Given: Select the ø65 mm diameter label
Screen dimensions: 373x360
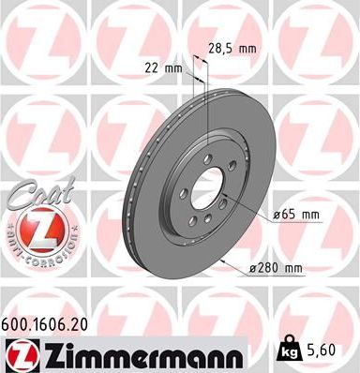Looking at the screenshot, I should tap(297, 215).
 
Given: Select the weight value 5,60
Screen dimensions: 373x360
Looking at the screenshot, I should tap(321, 349).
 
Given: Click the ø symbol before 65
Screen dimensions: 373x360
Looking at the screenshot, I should tap(278, 215).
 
